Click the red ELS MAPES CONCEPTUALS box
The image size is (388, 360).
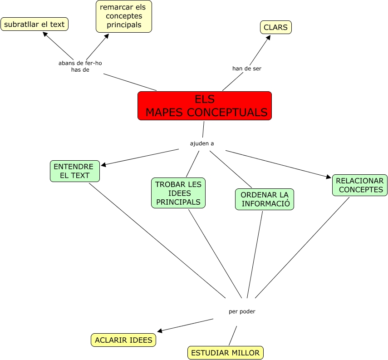coord(204,106)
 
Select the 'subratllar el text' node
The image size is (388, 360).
coord(34,24)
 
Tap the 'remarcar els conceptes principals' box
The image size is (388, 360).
coord(124,16)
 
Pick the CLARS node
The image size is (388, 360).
coord(275,27)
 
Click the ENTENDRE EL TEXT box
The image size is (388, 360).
coord(74,171)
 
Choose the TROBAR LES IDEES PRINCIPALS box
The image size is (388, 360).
coord(178,193)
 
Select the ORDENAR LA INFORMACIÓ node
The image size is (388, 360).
coord(265,199)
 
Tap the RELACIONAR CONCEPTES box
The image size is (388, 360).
coord(359,185)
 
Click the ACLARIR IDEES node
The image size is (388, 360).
coord(123,340)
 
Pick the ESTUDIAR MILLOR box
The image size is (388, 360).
coord(225,353)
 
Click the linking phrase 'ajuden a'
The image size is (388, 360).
coord(202,143)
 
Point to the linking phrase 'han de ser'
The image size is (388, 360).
coord(247,69)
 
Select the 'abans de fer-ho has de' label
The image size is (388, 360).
coord(80,66)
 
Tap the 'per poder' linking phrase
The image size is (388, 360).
coord(242,311)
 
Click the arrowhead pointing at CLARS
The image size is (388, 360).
coord(268,38)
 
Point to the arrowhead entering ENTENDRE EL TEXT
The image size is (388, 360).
coord(103,165)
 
